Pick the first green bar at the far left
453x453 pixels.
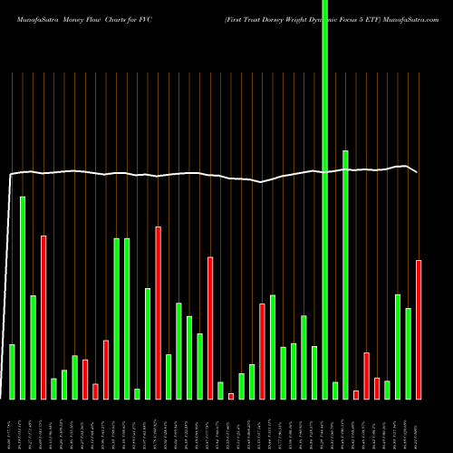coord(12,371)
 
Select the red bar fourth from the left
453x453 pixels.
coord(43,317)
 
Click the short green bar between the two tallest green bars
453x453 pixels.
coord(335,390)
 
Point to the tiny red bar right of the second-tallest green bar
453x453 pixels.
coord(356,394)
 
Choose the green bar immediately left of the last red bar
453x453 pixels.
coord(409,353)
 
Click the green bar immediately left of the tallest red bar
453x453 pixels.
coord(148,343)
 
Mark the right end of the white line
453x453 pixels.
coord(418,172)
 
